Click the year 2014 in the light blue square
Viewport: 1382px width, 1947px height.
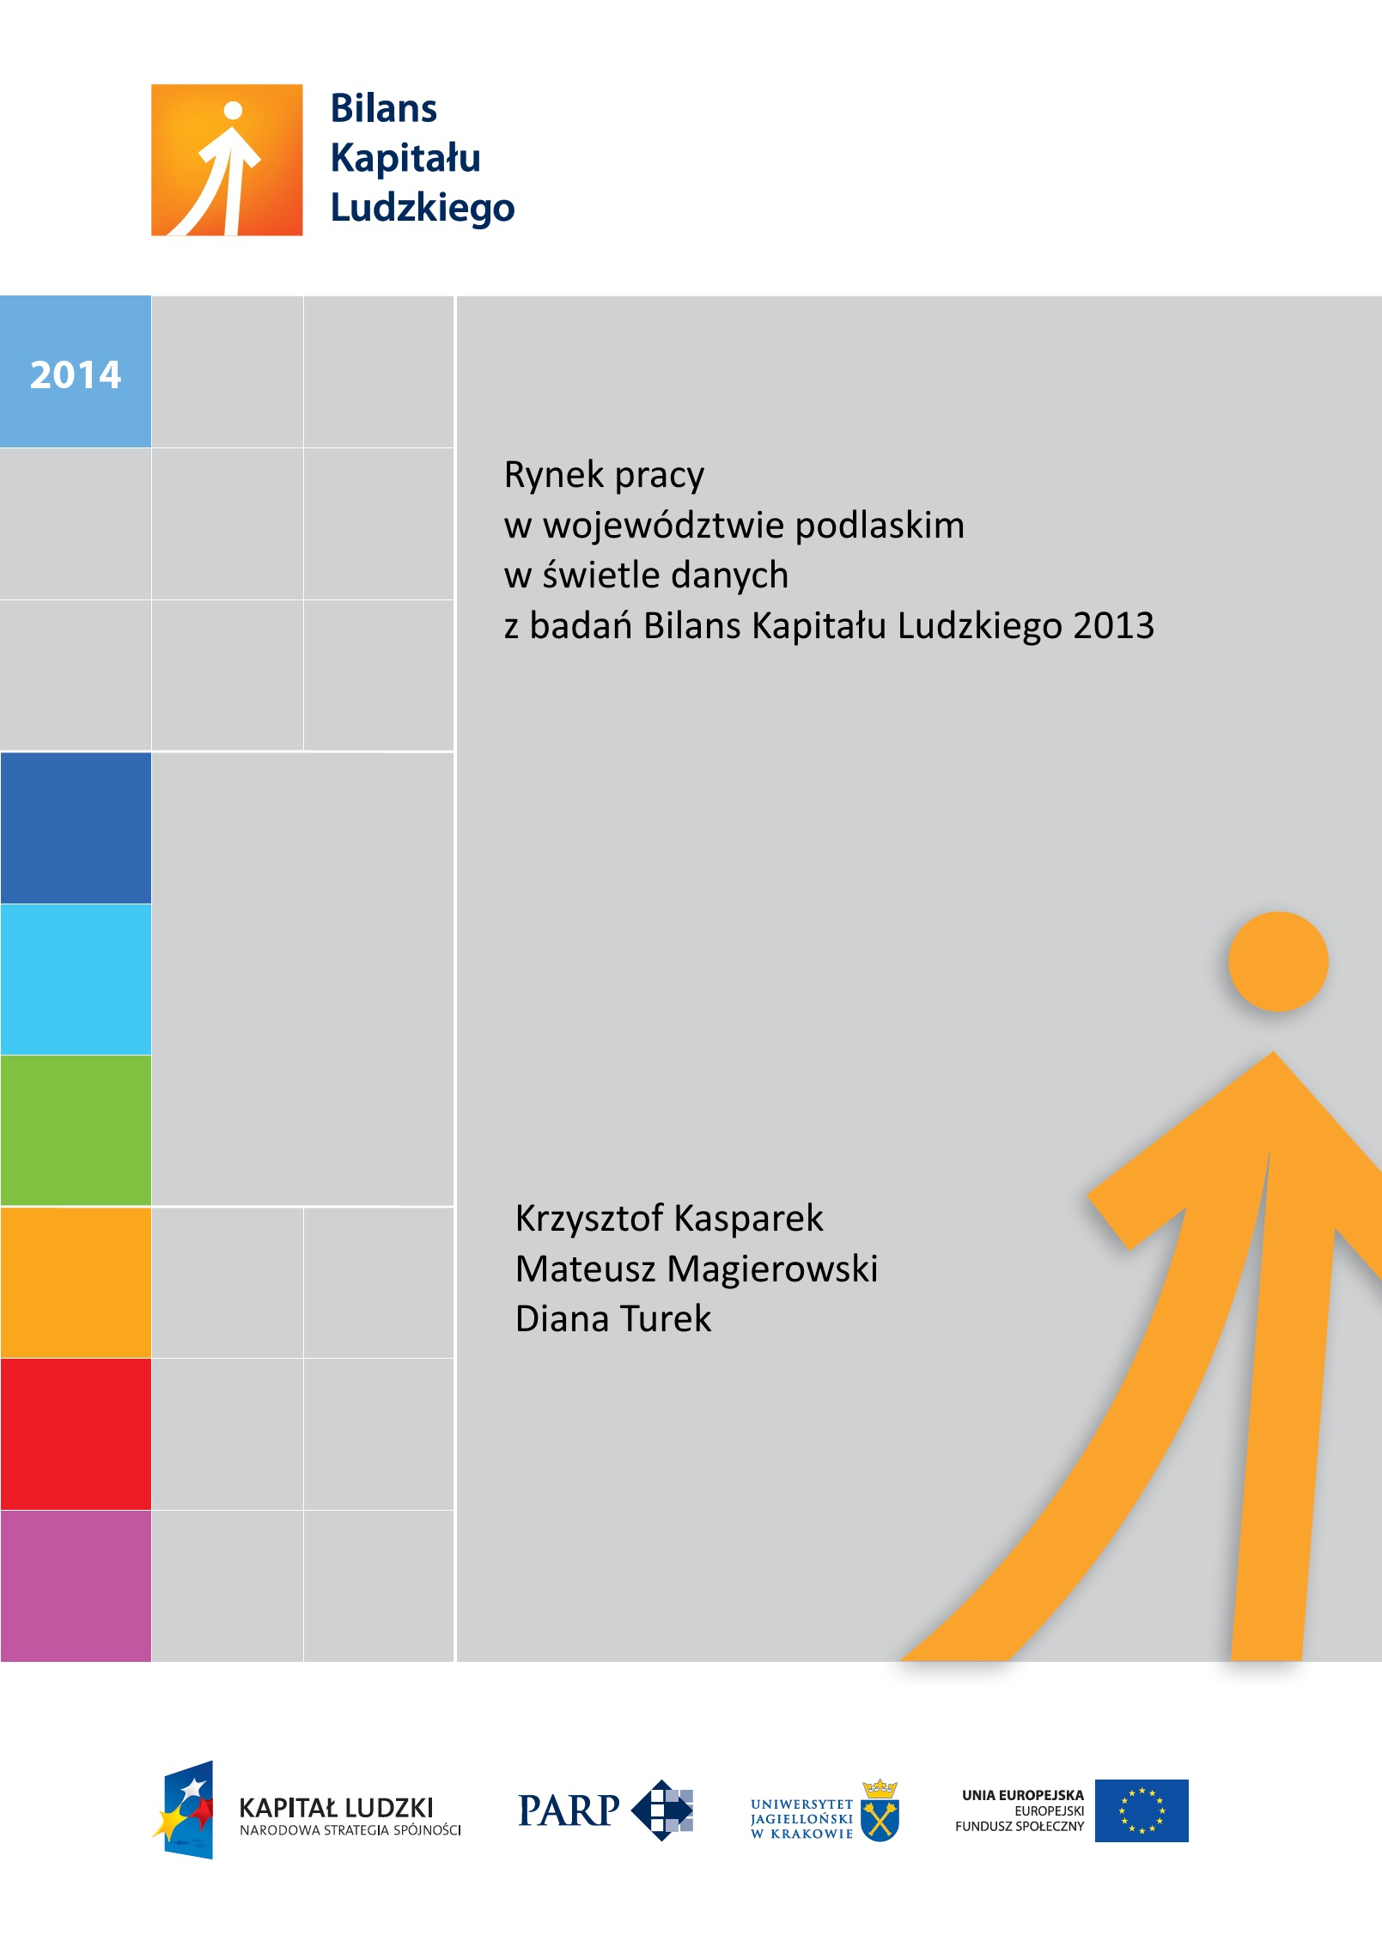coord(76,374)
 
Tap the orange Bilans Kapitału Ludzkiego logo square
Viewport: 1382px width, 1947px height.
coord(227,160)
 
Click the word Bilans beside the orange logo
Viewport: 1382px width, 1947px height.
coord(383,109)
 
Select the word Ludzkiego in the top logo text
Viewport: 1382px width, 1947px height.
coord(422,209)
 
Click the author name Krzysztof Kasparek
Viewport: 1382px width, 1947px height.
coord(669,1219)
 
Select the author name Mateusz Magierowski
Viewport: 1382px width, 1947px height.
coord(697,1269)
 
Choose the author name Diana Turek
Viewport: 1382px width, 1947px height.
coord(613,1319)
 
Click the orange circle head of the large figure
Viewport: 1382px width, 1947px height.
coord(1277,961)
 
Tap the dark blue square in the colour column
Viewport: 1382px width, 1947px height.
coord(76,828)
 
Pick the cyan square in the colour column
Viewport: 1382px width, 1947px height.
coord(76,979)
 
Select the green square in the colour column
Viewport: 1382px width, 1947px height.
coord(76,1130)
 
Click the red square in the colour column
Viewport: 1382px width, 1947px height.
coord(76,1433)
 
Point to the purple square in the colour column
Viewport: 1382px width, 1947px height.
coord(76,1585)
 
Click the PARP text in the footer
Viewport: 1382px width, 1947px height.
coord(569,1811)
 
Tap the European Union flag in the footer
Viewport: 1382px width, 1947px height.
coord(1142,1810)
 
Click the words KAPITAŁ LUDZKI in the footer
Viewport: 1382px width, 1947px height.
coord(336,1808)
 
